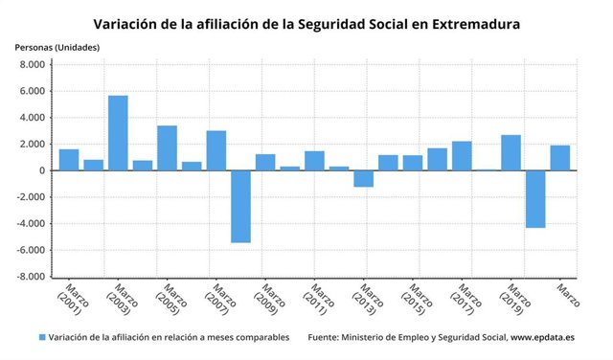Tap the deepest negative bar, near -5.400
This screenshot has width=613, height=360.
[x=240, y=206]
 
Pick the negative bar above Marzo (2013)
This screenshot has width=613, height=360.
[x=363, y=178]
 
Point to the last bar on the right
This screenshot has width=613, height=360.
[x=560, y=158]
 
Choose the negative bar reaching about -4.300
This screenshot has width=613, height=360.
[x=535, y=199]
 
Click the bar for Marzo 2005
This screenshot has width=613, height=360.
[x=167, y=148]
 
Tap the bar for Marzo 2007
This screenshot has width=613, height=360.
[x=216, y=150]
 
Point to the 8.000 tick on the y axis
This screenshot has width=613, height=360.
[x=34, y=65]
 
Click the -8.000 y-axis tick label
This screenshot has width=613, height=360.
[x=33, y=277]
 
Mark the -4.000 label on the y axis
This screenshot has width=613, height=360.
[x=33, y=224]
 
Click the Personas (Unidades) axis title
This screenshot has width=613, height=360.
[x=57, y=47]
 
